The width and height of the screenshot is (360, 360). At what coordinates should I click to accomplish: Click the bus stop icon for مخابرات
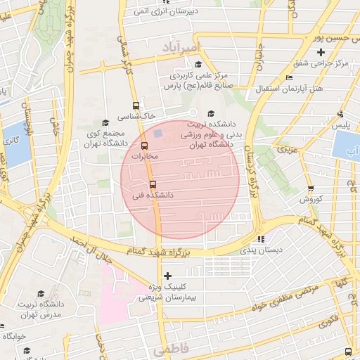145,146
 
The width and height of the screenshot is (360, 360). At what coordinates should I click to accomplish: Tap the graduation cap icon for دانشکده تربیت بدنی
210,114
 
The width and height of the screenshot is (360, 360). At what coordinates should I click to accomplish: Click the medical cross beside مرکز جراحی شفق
321,53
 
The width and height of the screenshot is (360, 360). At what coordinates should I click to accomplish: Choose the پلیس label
340,125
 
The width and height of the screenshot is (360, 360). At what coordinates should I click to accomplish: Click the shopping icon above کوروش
310,189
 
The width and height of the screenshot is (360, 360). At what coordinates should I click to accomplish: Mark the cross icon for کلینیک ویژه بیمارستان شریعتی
167,276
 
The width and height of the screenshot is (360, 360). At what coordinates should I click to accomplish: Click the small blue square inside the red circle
158,132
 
